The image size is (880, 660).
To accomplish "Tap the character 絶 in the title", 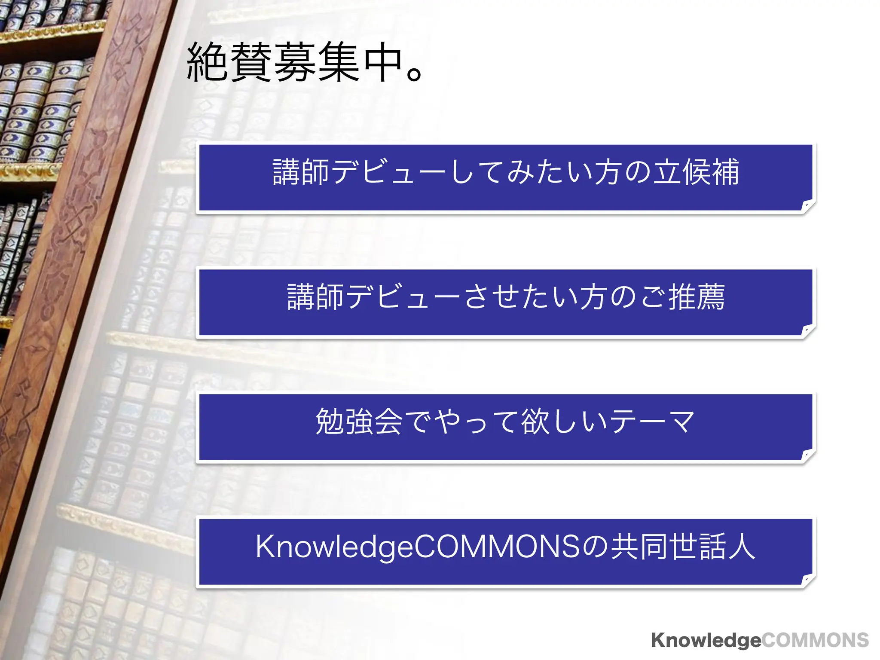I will pos(208,63).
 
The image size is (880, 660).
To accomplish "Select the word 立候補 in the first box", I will pos(696,172).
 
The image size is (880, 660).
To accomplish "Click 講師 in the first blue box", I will pos(301,172).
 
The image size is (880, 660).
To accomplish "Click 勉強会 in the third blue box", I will pos(359,421).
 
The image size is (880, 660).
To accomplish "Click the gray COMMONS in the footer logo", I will pos(815,640).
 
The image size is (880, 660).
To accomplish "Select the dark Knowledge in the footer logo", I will pos(706,640).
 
